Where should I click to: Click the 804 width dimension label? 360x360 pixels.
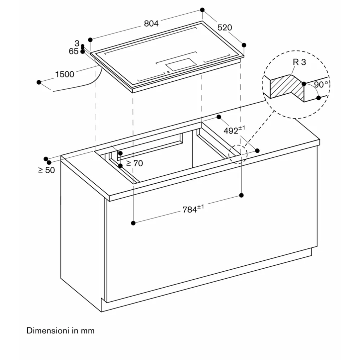(x=151, y=24)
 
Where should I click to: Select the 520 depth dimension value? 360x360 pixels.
(x=225, y=27)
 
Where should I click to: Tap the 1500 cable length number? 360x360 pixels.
(x=64, y=74)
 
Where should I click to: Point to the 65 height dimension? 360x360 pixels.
(x=73, y=51)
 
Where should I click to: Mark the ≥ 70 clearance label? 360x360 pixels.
(x=134, y=163)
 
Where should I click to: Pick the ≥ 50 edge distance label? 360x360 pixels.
(x=46, y=170)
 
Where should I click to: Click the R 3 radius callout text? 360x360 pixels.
(x=299, y=62)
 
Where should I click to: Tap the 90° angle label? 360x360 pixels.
(x=321, y=85)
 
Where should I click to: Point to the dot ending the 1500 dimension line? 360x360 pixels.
(x=39, y=82)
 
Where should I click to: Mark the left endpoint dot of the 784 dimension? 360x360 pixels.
(x=133, y=223)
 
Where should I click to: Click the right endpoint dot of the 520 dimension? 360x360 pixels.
(x=244, y=45)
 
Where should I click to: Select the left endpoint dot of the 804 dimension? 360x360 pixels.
(x=90, y=40)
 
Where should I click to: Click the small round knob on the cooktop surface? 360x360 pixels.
(x=168, y=72)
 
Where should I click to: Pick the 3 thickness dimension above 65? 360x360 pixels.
(x=77, y=44)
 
